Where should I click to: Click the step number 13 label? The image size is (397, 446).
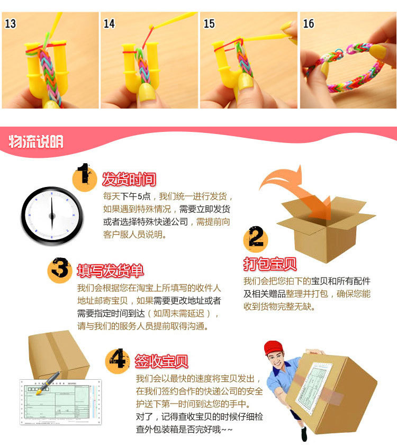pyautogui.click(x=10, y=23)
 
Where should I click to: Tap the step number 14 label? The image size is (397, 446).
pyautogui.click(x=109, y=23)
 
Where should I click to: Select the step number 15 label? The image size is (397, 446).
pyautogui.click(x=209, y=23)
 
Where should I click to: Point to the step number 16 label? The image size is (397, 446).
pyautogui.click(x=309, y=23)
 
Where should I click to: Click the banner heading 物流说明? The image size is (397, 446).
pyautogui.click(x=36, y=141)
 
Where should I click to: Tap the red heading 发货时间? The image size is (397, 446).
pyautogui.click(x=129, y=179)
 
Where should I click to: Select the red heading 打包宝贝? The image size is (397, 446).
pyautogui.click(x=270, y=264)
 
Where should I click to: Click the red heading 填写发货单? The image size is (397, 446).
pyautogui.click(x=111, y=271)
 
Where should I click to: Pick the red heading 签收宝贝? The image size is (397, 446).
pyautogui.click(x=161, y=361)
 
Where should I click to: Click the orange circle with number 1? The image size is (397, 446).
pyautogui.click(x=84, y=179)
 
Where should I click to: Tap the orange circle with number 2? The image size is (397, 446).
pyautogui.click(x=256, y=240)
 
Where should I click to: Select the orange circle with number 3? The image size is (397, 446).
pyautogui.click(x=60, y=270)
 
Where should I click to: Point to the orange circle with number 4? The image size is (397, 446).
pyautogui.click(x=118, y=361)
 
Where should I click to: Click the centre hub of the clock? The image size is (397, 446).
pyautogui.click(x=52, y=216)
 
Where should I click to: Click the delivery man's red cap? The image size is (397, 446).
pyautogui.click(x=273, y=347)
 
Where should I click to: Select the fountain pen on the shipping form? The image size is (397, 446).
pyautogui.click(x=48, y=383)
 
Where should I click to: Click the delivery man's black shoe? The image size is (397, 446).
pyautogui.click(x=304, y=434)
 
